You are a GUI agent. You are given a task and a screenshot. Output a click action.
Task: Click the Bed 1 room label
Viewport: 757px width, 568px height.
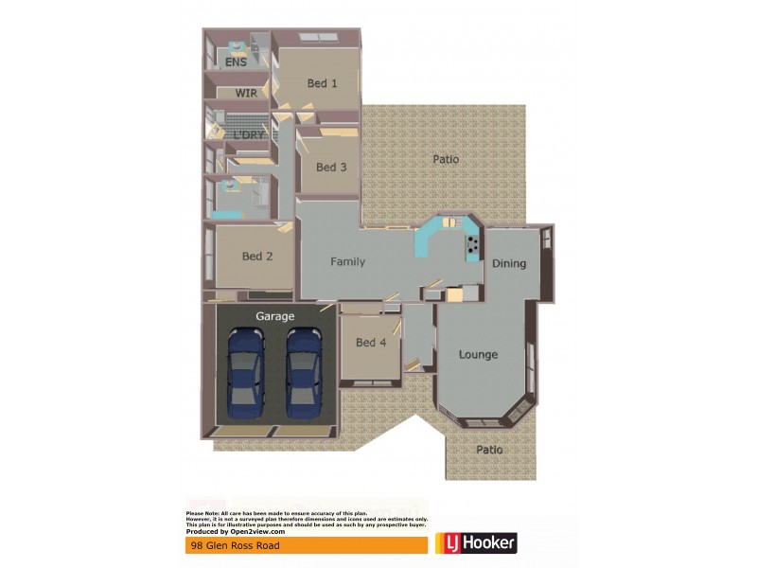[322, 83]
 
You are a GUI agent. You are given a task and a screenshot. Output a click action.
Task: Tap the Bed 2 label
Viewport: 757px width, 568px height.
[257, 256]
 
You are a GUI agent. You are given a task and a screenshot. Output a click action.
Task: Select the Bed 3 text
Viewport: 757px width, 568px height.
[331, 168]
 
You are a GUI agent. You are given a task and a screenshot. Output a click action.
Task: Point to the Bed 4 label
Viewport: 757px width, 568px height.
[371, 343]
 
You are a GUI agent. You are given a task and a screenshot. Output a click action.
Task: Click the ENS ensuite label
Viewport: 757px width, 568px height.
[236, 62]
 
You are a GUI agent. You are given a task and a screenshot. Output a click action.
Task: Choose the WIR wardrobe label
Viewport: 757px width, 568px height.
[247, 94]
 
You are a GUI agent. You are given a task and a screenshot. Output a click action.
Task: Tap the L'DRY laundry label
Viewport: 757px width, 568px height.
[249, 135]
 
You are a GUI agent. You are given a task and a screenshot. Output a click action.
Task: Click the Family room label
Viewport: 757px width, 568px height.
[347, 262]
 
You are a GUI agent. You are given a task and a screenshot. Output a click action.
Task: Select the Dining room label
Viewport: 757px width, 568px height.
[509, 264]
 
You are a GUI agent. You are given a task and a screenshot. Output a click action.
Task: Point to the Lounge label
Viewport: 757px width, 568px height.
[478, 355]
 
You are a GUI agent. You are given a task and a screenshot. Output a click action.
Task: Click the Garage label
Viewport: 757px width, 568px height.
[275, 316]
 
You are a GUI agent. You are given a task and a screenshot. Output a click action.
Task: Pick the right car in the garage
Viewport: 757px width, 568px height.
[305, 370]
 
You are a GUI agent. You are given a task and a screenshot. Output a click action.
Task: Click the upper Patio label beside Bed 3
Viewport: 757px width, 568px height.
[446, 159]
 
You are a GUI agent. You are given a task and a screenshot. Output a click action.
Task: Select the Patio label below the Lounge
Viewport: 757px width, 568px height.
[489, 450]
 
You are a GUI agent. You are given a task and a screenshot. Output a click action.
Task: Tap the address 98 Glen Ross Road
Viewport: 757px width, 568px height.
[229, 546]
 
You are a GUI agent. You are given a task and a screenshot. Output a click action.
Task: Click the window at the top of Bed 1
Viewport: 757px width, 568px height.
[319, 37]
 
